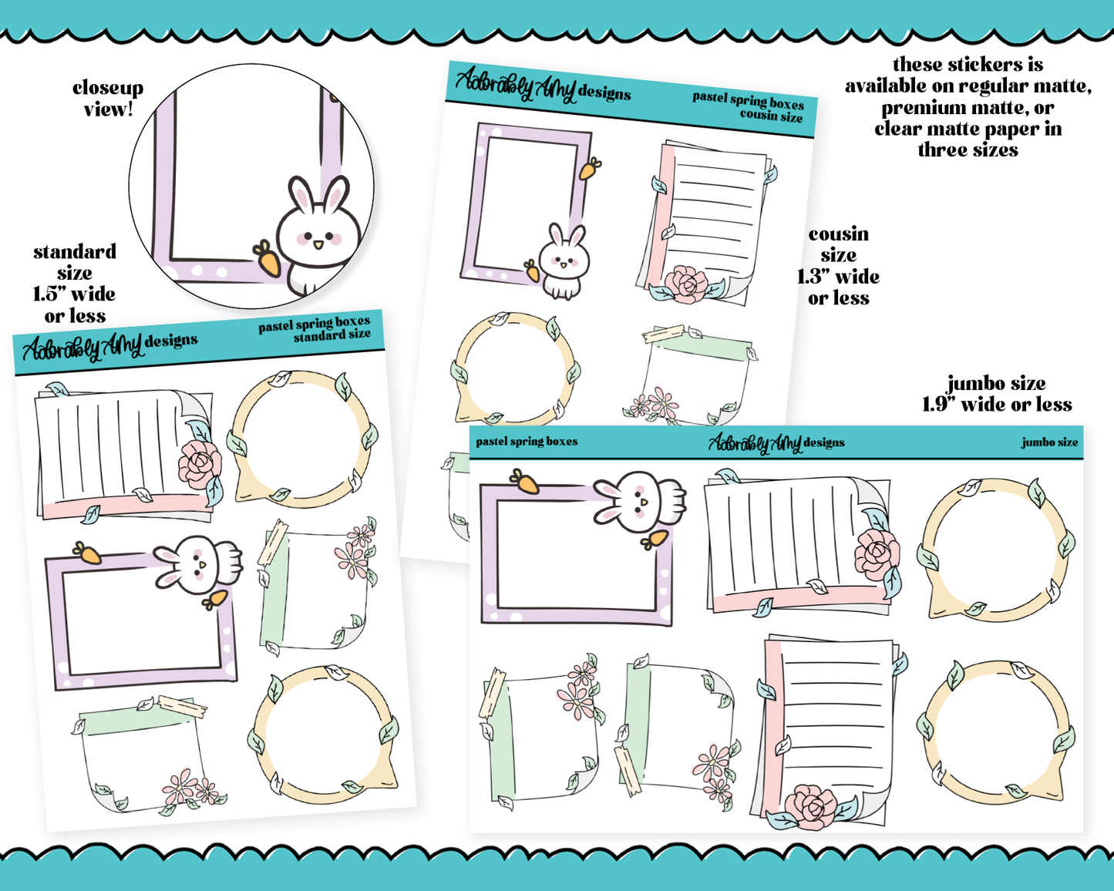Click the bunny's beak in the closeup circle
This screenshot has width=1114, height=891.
coord(318,244)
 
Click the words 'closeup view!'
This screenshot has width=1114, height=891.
coord(108,99)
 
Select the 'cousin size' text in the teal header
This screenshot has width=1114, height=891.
coord(771,115)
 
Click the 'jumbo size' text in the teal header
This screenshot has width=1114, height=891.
coord(1049,442)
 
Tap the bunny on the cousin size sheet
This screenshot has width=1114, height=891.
coord(564,261)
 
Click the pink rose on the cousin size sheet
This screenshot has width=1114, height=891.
coord(686,284)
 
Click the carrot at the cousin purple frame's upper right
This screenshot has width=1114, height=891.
coord(590,168)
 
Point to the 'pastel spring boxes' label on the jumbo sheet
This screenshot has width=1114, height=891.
coord(527,441)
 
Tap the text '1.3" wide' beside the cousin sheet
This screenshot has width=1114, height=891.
coord(837,277)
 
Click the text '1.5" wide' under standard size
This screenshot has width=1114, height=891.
coord(74,294)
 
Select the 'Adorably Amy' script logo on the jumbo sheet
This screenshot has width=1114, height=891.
coord(754,442)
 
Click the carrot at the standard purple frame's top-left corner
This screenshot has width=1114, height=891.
coord(87,553)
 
